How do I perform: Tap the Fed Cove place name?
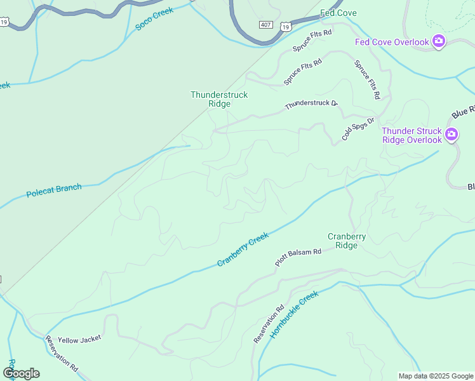pos(338,13)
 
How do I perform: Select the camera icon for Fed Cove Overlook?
pos(438,42)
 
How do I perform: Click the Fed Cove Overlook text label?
pos(392,43)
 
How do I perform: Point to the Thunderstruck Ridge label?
pos(219,99)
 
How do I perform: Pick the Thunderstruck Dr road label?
pos(311,104)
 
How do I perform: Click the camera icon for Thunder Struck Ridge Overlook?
pos(452,134)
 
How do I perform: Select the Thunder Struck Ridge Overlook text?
pos(411,135)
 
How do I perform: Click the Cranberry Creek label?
pos(243,249)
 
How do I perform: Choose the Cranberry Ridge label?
pos(346,241)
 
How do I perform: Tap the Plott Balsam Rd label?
pos(298,257)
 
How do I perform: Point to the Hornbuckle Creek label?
pos(293,314)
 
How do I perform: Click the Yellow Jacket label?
pos(79,339)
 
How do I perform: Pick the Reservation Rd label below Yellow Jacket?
pos(61,355)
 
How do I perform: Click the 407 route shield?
pos(266,24)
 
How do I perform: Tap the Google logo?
pos(21,373)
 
